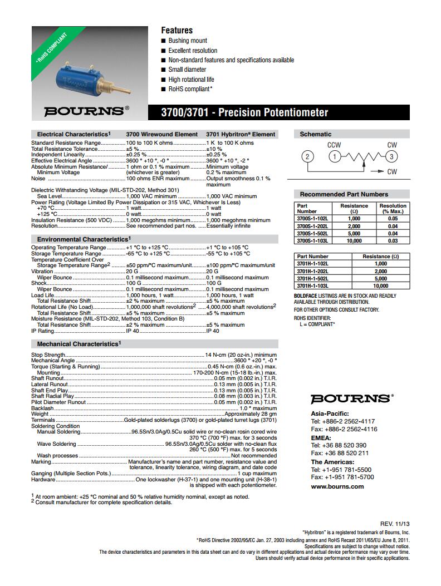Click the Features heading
click(x=177, y=30)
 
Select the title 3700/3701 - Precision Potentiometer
click(x=244, y=113)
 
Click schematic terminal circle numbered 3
click(x=392, y=156)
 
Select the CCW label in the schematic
click(x=334, y=145)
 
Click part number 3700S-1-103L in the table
click(x=313, y=241)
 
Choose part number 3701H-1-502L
click(x=313, y=278)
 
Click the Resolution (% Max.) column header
click(x=393, y=208)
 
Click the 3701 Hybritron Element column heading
click(x=241, y=134)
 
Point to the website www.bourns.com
click(x=337, y=486)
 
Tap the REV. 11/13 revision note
click(x=395, y=524)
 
